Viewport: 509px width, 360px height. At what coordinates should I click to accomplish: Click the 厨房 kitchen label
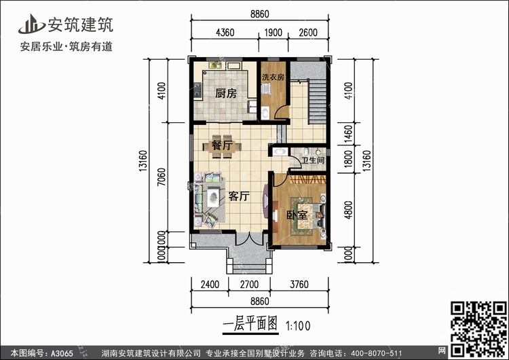point(225,94)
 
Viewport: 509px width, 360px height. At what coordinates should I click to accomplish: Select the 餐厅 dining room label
point(223,145)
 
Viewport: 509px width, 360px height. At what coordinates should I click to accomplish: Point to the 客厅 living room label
point(238,197)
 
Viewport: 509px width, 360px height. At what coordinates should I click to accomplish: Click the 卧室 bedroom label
point(297,215)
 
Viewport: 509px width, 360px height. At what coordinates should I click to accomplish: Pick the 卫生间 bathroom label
point(313,161)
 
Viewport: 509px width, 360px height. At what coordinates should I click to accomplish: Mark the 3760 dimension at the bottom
point(299,285)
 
